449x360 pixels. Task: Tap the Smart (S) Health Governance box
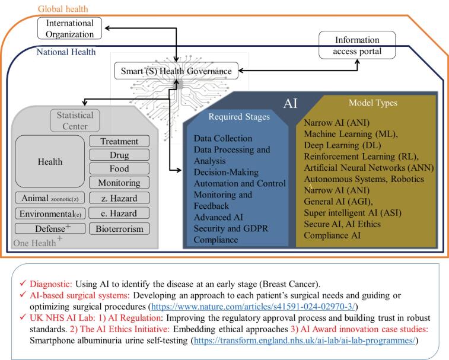tap(177, 71)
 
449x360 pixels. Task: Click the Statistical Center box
tap(71, 120)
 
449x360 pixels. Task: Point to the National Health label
tap(66, 52)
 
